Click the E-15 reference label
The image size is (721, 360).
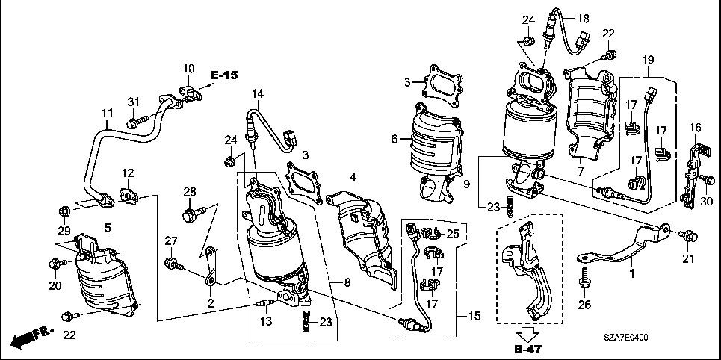224,75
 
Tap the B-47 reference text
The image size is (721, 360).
527,350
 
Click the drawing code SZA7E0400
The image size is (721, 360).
626,338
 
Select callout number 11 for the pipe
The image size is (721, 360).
107,112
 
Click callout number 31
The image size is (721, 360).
133,102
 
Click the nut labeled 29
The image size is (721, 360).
64,212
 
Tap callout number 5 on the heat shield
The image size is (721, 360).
108,227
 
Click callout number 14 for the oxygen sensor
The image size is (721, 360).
258,94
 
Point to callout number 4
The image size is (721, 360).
353,176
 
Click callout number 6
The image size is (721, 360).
394,138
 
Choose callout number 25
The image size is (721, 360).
453,235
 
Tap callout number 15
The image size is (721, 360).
475,316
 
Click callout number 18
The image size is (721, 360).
583,19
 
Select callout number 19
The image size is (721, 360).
648,60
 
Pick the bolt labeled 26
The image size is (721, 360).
584,277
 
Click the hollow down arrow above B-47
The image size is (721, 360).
527,333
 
